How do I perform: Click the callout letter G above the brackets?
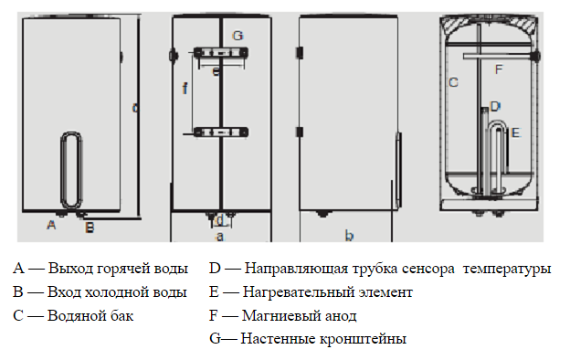point(237,36)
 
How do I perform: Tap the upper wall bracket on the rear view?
point(221,53)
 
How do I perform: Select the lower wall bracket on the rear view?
point(221,132)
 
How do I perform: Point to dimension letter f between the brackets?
point(185,88)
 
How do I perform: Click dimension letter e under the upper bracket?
point(216,71)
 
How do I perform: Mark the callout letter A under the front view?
point(51,225)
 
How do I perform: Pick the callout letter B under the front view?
point(90,228)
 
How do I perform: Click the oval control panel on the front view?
point(71,170)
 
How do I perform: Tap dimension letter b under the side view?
point(349,236)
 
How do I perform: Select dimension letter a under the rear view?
point(219,237)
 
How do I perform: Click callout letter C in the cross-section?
point(453,82)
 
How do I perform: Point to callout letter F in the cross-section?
point(499,69)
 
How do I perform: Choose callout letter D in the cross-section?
point(495,107)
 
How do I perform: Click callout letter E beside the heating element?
point(515,132)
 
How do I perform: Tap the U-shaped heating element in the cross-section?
point(497,123)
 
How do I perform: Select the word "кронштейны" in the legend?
point(363,339)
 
